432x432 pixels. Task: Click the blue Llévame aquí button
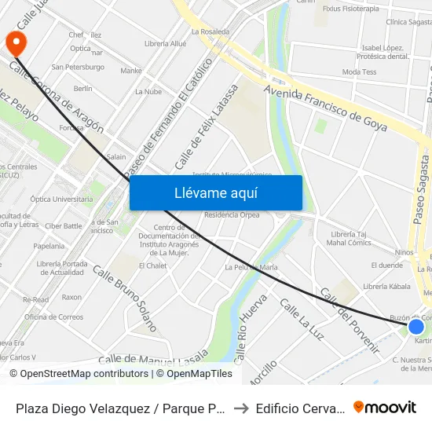[216, 192]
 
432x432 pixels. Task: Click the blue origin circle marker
[416, 327]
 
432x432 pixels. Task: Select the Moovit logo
[385, 407]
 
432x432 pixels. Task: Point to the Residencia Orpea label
[232, 215]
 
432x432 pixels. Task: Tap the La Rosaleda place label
[211, 32]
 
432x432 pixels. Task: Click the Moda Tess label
[359, 72]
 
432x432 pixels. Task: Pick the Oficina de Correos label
[53, 317]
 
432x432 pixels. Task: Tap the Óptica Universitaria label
[60, 200]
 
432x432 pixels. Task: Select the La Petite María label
[251, 267]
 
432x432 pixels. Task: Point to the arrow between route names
[243, 408]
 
